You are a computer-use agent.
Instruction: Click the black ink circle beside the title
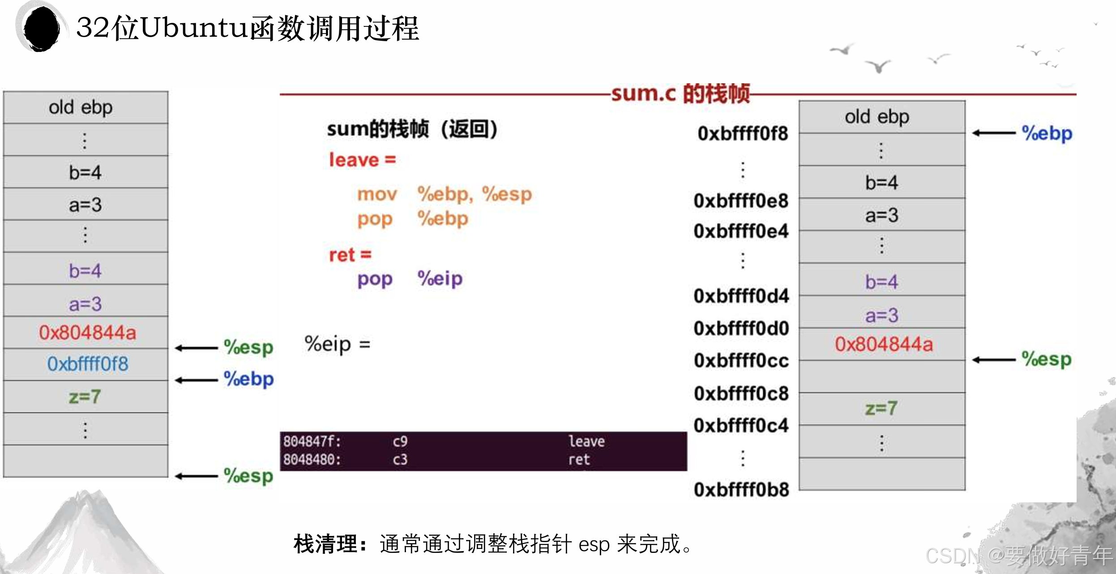41,28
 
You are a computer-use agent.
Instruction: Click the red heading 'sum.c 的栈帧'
680,94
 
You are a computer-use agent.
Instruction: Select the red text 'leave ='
362,160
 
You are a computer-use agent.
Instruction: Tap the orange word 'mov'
377,194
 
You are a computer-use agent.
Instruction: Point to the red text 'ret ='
350,255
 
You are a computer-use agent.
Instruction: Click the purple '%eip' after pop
440,278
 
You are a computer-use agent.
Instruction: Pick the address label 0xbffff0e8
741,201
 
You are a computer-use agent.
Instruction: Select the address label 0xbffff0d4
741,296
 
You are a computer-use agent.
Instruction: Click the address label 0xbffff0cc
741,360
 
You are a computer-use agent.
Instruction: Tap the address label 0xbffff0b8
741,490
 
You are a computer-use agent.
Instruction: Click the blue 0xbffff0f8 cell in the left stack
87,364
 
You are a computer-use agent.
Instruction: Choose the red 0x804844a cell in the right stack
883,344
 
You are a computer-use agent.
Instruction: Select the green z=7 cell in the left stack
85,397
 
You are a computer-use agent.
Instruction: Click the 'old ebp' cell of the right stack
877,117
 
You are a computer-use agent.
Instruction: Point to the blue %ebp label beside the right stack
1047,133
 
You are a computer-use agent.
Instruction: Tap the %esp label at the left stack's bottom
248,475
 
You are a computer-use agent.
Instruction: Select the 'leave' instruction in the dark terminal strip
586,441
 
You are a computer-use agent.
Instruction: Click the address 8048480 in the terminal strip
312,460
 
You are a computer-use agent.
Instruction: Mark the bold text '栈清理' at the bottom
325,544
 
